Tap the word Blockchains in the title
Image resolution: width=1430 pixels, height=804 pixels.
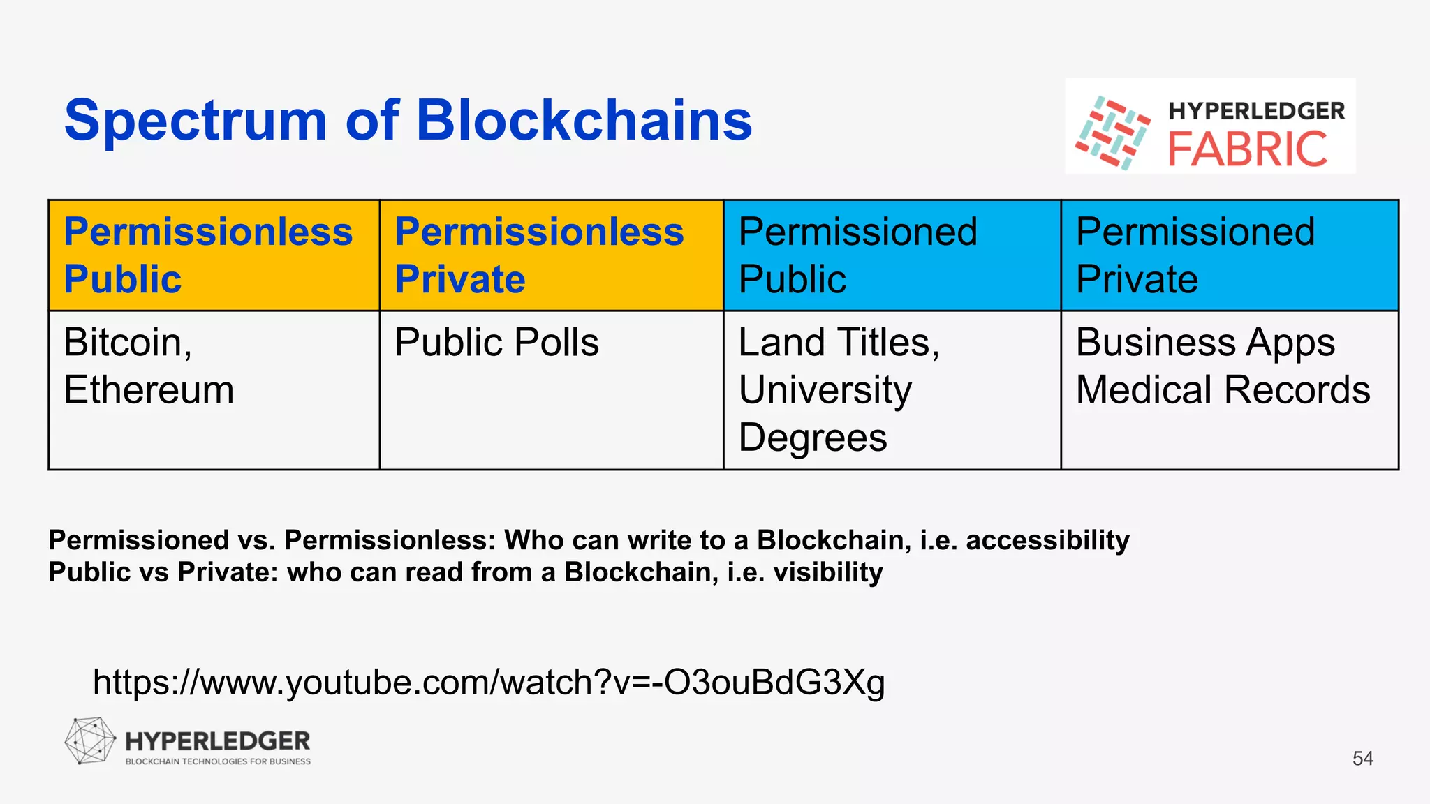(x=584, y=120)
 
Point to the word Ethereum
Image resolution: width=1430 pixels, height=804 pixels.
(x=149, y=390)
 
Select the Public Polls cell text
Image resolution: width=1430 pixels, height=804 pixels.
(x=496, y=343)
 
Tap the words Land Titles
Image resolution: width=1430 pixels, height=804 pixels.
(x=839, y=343)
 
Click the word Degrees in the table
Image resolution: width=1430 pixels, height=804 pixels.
(x=813, y=438)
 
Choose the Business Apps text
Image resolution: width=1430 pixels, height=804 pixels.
(x=1205, y=343)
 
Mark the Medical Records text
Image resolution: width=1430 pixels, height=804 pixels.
(x=1223, y=390)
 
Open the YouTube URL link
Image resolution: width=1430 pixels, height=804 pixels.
(x=489, y=683)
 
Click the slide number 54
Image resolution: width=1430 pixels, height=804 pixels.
(x=1363, y=759)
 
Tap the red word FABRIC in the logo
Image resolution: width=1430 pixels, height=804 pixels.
(x=1248, y=149)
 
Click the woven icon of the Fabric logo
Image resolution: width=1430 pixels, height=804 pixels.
(x=1112, y=133)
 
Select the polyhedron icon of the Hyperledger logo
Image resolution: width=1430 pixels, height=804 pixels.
(x=90, y=741)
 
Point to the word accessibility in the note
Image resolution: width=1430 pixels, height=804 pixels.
(x=1047, y=541)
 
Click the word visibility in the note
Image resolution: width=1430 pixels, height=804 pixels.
(x=828, y=573)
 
